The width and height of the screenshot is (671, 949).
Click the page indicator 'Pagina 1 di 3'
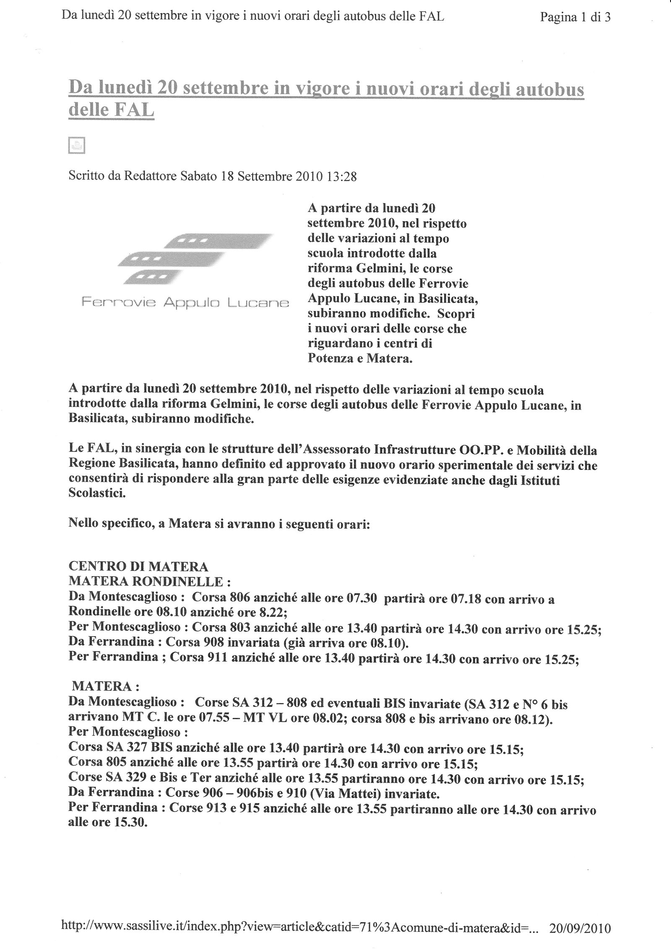[575, 17]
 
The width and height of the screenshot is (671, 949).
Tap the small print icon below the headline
[76, 145]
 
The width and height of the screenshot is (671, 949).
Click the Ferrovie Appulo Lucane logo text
[185, 302]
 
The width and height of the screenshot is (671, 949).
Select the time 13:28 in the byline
[341, 177]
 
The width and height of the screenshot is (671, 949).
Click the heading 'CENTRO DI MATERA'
[138, 567]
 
